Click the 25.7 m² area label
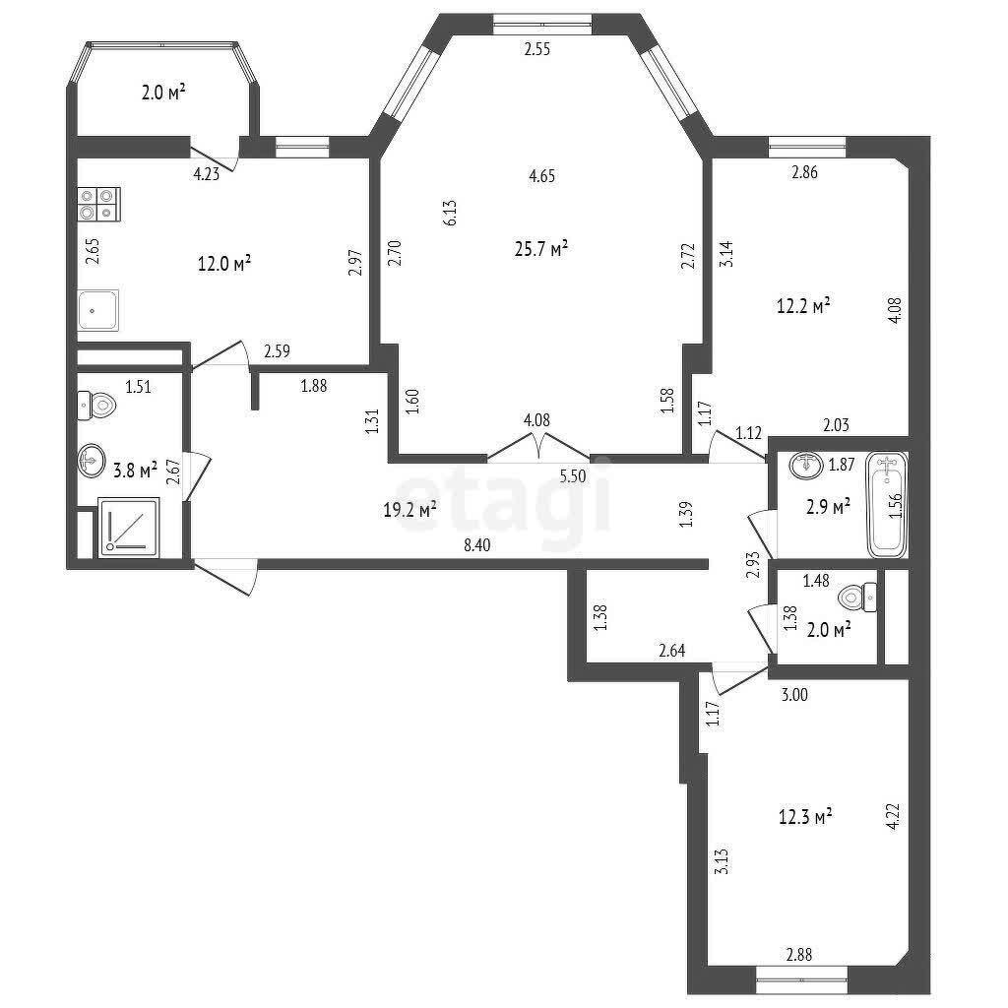[541, 248]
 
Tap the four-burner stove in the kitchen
[99, 204]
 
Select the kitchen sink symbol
[98, 310]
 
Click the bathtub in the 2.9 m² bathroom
[887, 505]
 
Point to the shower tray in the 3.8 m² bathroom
[129, 528]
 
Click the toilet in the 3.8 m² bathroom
[96, 405]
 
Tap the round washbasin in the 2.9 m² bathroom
[806, 465]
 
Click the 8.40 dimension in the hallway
[477, 545]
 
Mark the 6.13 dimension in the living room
[450, 213]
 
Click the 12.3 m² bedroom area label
[805, 817]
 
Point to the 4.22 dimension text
[893, 816]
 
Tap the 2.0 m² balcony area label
[164, 94]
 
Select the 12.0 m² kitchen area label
[223, 264]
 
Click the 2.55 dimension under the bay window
[537, 49]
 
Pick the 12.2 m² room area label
[803, 305]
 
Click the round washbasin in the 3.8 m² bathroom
[92, 460]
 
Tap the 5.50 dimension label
[573, 476]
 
